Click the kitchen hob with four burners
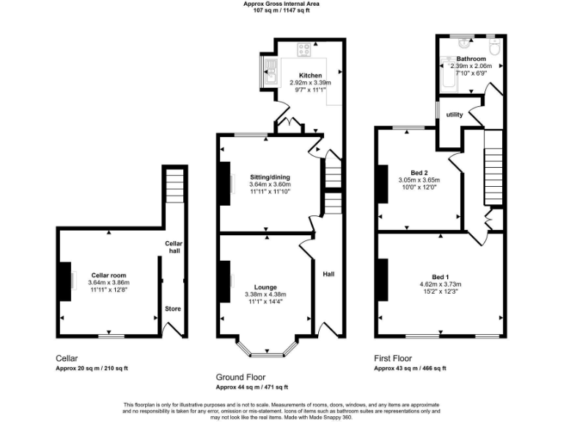(x=303, y=50)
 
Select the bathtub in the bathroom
(x=447, y=75)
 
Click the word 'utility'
(x=454, y=115)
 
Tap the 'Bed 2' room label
(x=419, y=172)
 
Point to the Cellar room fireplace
(x=65, y=281)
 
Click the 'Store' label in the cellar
(x=172, y=308)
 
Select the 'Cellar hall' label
(x=173, y=247)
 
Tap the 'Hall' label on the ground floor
(x=328, y=274)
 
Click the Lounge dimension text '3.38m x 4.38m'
(x=265, y=295)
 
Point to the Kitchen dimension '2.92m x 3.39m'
(x=310, y=83)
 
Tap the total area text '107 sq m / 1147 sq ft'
(x=281, y=10)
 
